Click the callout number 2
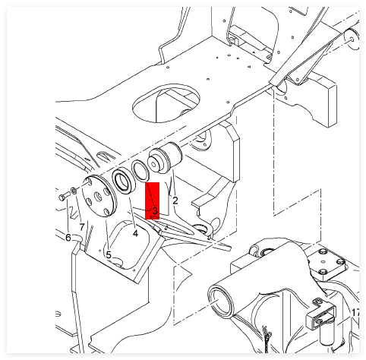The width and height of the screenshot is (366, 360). tap(175, 201)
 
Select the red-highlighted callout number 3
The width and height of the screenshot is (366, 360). tap(155, 210)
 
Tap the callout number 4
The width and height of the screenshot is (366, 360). tap(135, 233)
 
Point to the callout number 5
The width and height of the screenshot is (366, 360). tap(109, 255)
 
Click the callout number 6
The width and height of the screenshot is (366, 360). tap(68, 238)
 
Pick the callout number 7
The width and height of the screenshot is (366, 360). tap(81, 227)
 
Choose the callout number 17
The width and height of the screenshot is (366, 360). tap(355, 313)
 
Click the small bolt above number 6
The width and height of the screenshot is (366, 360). tap(64, 196)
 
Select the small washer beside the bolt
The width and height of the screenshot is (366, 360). tap(74, 191)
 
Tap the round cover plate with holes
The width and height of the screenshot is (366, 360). tap(99, 196)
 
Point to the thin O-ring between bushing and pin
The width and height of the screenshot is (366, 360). tap(140, 170)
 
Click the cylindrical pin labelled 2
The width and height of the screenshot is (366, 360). tap(166, 157)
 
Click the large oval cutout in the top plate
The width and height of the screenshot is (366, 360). tap(166, 103)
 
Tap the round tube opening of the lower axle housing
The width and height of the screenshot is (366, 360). tap(220, 302)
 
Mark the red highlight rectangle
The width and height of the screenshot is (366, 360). tap(152, 201)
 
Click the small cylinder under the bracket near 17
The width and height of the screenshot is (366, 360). tap(327, 333)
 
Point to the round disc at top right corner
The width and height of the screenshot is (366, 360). tap(352, 39)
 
